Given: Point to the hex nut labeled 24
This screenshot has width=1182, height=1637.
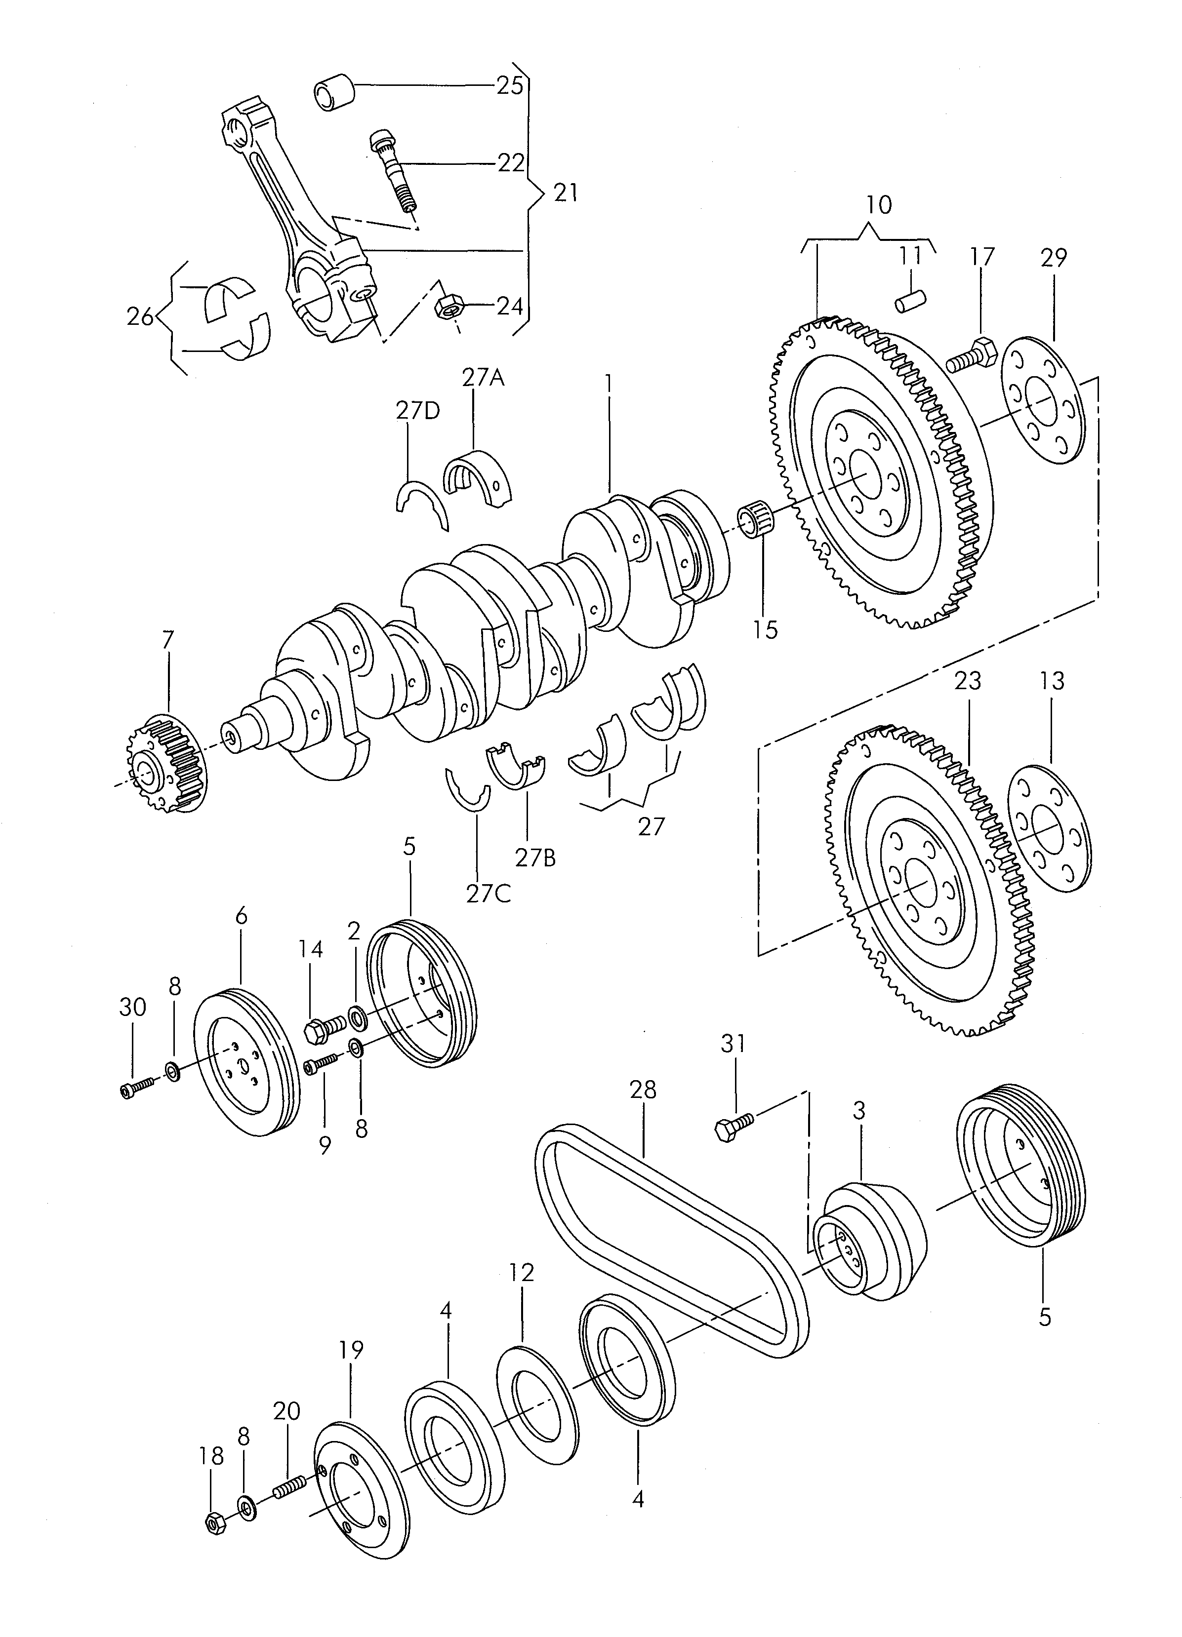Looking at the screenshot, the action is coord(448,308).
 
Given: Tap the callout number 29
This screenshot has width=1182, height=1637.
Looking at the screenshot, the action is coord(1054,257).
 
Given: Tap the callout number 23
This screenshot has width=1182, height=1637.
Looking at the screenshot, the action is coord(968,681).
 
